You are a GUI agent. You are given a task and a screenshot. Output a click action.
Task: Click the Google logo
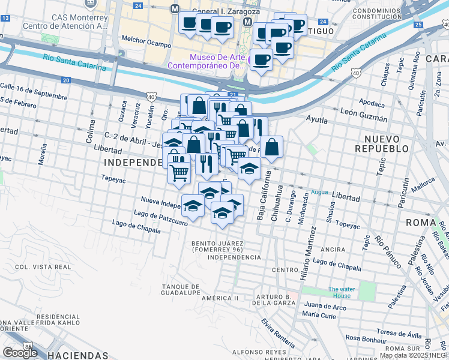click(x=20, y=353)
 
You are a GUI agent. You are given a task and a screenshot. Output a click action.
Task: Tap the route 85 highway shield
click(x=28, y=346)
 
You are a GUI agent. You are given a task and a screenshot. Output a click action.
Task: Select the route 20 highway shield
click(x=66, y=80)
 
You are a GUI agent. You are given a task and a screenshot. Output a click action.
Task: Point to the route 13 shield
click(x=5, y=19)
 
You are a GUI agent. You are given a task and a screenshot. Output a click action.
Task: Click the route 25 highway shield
click(x=418, y=24)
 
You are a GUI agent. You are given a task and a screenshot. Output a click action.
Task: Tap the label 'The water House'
click(x=342, y=292)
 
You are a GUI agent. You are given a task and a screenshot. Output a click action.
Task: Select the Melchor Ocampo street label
click(x=142, y=41)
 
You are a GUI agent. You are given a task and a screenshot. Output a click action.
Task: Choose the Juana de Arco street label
click(x=324, y=307)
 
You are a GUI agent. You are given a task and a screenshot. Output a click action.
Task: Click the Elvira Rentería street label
click(x=278, y=333)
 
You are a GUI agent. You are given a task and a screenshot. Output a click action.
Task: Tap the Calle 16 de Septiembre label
click(x=33, y=91)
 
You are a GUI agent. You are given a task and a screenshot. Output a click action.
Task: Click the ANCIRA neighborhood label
click(x=333, y=249)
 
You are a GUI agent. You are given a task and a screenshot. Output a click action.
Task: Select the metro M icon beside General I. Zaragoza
click(x=175, y=9)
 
